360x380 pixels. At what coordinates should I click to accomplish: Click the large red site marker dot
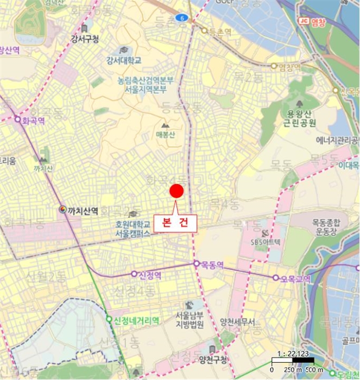pyautogui.click(x=177, y=191)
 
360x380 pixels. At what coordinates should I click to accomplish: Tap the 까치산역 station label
pyautogui.click(x=83, y=210)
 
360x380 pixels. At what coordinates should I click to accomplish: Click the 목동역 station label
pyautogui.click(x=212, y=265)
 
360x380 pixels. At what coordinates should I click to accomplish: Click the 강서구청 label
pyautogui.click(x=85, y=39)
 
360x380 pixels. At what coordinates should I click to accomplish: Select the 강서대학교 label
pyautogui.click(x=124, y=60)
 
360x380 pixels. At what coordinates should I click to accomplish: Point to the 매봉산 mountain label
pyautogui.click(x=166, y=135)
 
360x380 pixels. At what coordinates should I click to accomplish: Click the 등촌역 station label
pyautogui.click(x=220, y=32)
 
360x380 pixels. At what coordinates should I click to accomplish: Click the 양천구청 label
pyautogui.click(x=213, y=359)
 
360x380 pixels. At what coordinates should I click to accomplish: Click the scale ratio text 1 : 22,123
pyautogui.click(x=292, y=353)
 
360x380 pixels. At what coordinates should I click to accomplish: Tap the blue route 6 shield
pyautogui.click(x=182, y=18)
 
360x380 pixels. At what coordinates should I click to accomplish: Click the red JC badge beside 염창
pyautogui.click(x=303, y=21)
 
